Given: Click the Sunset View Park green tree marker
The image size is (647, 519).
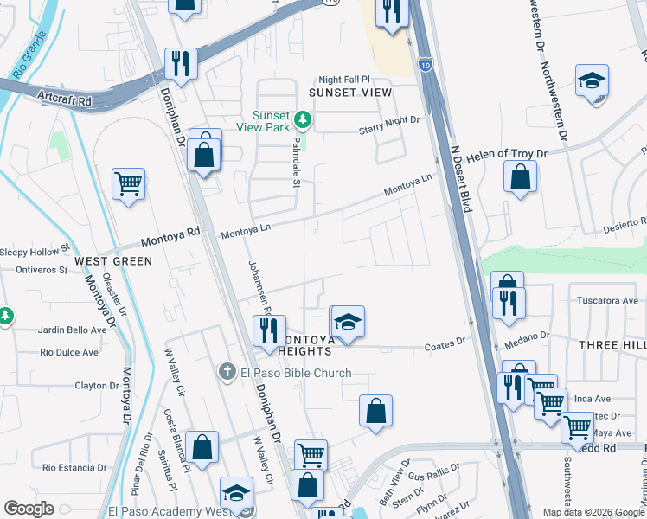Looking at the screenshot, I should point(302,119).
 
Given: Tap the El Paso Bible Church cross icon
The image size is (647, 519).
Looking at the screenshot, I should point(227,372).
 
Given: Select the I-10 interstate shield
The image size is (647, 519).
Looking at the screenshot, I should point(425,63).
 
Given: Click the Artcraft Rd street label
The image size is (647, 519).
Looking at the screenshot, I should point(64,101).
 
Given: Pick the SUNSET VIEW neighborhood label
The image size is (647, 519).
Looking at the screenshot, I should point(350,92).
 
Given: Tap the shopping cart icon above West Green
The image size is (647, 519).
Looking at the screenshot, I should point(128,183).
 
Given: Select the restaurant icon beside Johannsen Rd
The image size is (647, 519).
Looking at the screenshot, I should point(268,330).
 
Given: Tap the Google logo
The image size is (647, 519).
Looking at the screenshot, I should point(29,509).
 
